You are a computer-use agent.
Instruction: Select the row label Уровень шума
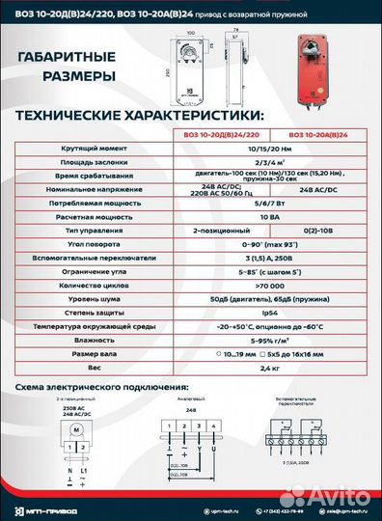86,299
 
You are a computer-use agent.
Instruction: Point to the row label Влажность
86,340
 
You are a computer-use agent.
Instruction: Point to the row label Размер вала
86,353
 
